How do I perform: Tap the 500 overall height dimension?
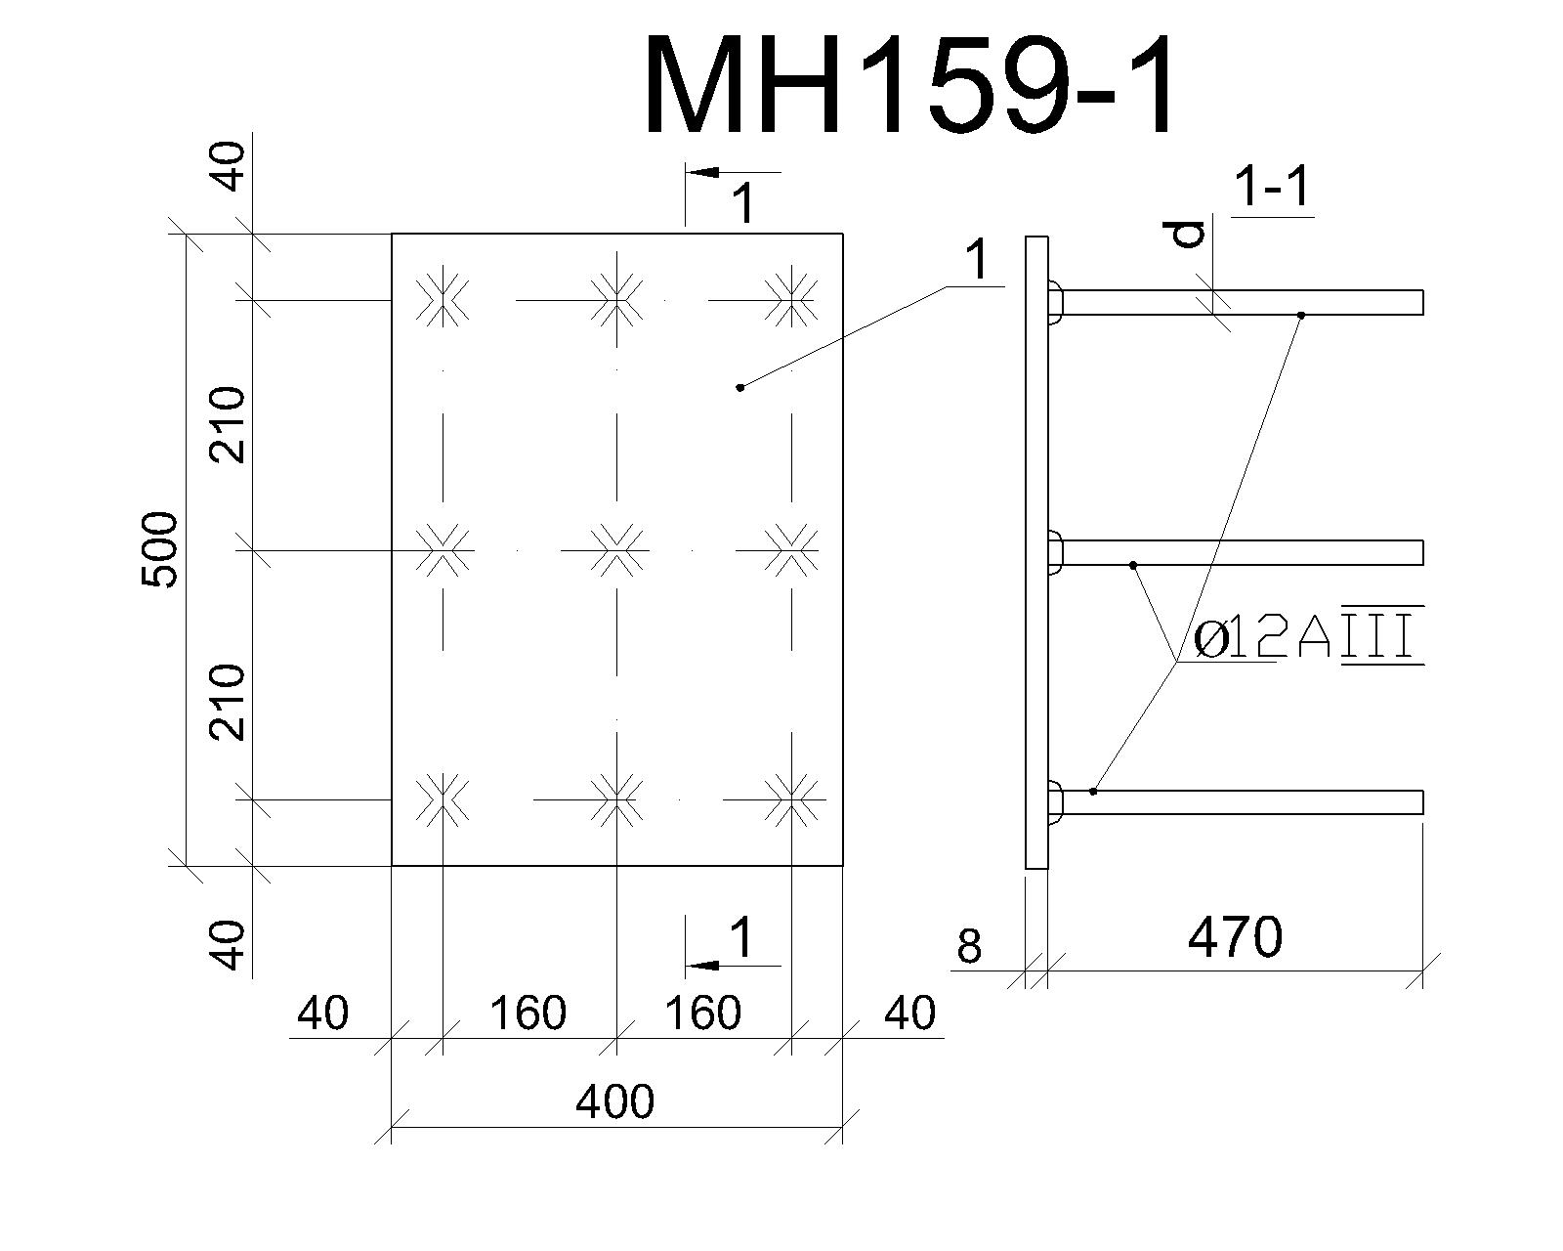coord(159,549)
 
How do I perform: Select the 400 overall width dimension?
coord(614,1102)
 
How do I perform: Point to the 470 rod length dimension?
coord(1236,937)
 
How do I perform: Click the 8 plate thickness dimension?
coord(970,946)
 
